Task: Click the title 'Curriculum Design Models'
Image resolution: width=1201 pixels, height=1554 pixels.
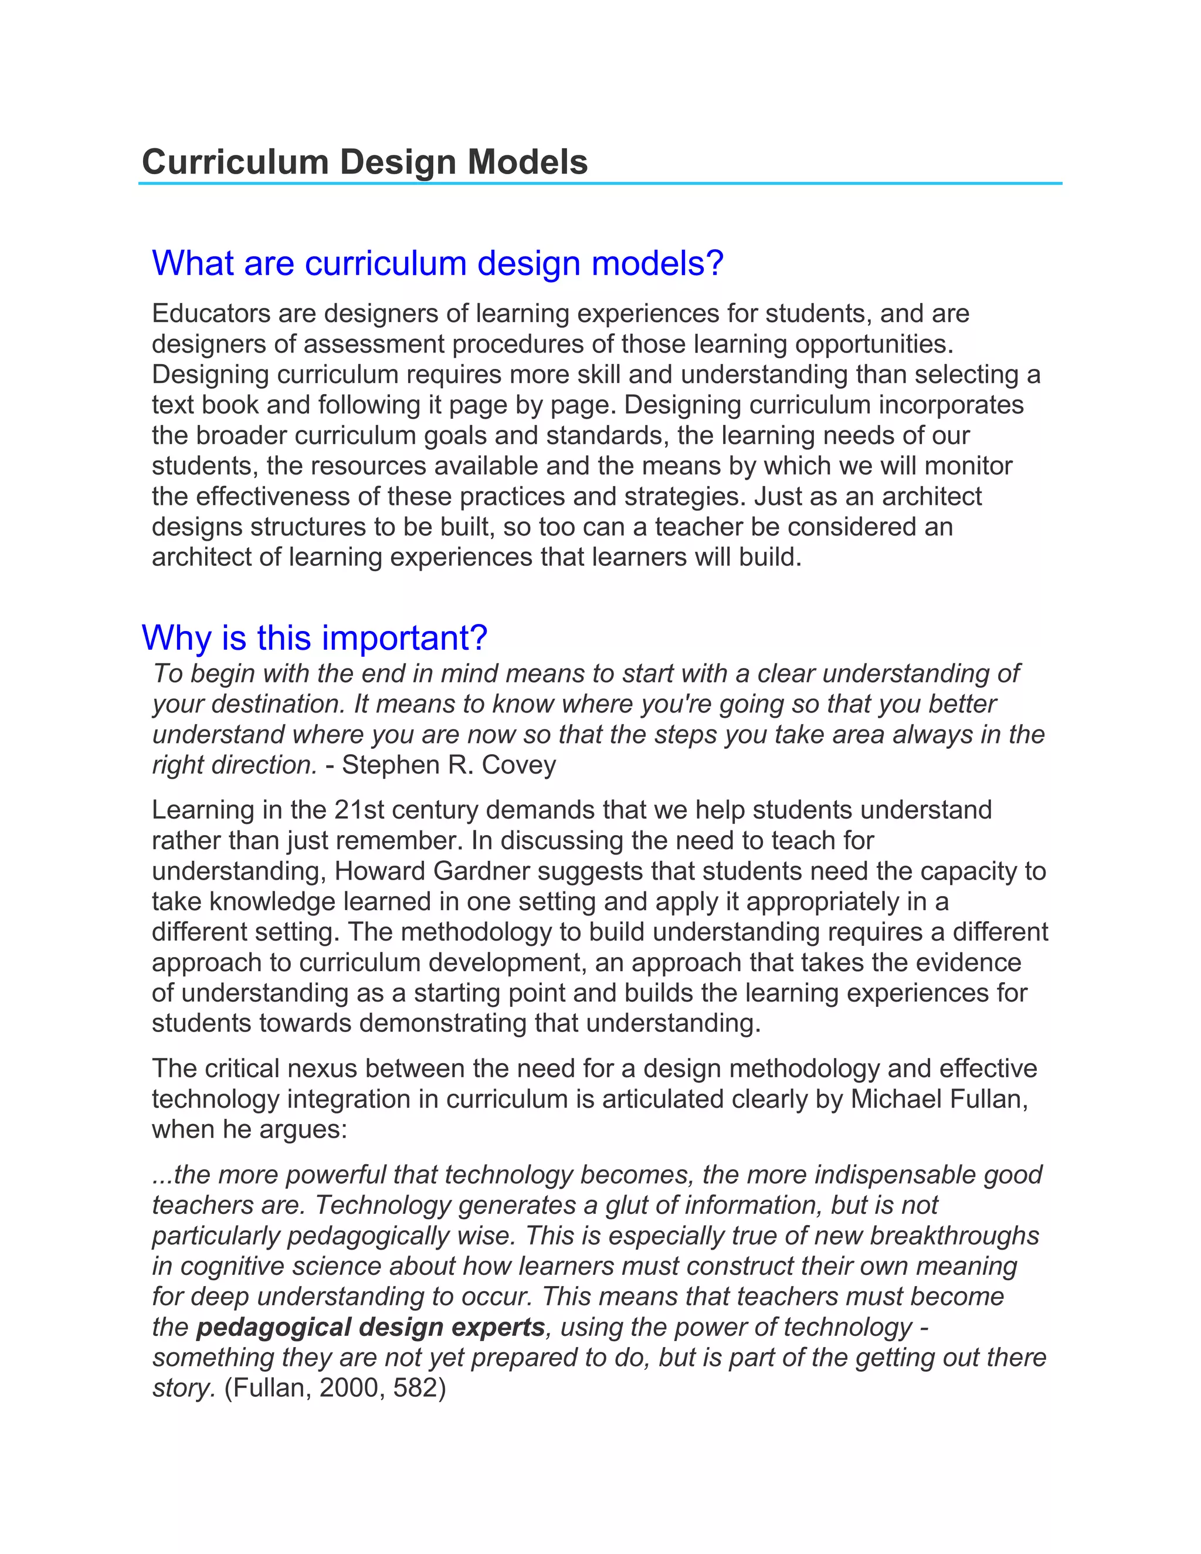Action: (x=364, y=162)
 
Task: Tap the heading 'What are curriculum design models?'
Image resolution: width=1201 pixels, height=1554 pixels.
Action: (x=437, y=263)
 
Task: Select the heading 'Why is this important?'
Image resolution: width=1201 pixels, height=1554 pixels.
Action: (x=314, y=637)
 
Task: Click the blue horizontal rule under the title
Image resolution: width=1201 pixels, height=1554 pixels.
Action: (x=600, y=184)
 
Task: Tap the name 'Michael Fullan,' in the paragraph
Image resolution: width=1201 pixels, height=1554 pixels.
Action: (x=939, y=1100)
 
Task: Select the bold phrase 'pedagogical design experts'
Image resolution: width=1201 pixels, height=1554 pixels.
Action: (x=370, y=1328)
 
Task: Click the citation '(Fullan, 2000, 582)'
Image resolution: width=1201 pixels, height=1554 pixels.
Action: (x=334, y=1388)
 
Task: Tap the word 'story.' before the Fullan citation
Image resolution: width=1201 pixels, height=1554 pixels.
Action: (x=184, y=1388)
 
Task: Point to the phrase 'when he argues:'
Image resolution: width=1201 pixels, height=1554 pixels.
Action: (x=249, y=1130)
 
